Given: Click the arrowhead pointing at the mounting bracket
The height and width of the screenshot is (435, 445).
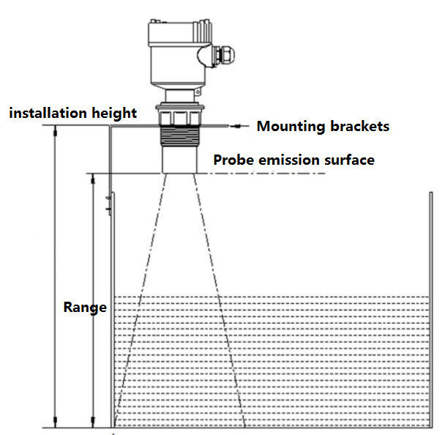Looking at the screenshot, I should click(233, 126).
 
